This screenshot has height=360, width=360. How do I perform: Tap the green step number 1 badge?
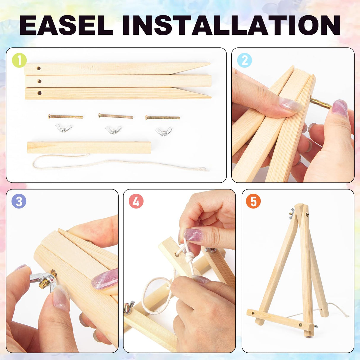(19, 60)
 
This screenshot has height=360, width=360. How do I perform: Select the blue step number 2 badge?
(245, 60)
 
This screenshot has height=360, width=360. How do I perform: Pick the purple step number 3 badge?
(19, 201)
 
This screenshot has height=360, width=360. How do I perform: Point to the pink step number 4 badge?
(136, 201)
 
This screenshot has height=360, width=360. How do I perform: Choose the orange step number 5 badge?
(253, 201)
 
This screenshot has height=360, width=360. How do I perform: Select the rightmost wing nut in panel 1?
(164, 131)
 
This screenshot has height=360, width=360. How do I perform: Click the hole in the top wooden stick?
(39, 68)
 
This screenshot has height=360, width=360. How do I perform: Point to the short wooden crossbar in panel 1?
(89, 147)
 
